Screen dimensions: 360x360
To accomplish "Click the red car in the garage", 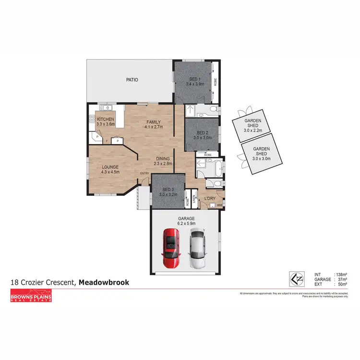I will coord(171,248).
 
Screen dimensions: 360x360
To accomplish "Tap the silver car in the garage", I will coord(197,248).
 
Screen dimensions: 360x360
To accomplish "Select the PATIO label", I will coord(132,80).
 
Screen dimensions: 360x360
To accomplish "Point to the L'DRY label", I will coord(209,198).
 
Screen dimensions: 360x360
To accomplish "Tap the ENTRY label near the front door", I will coord(144,174).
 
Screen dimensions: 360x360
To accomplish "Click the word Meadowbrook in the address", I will coord(104,283).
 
